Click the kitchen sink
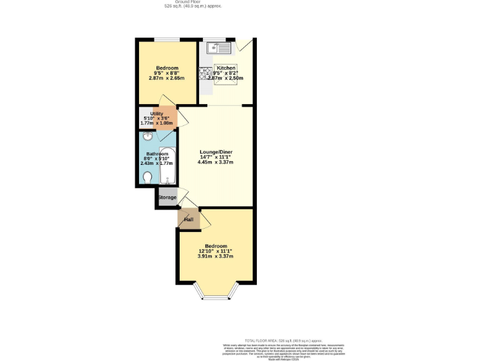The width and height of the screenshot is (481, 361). (x=221, y=47)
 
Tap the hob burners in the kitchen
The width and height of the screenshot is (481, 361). (x=206, y=73)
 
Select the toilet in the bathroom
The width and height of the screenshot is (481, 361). (x=147, y=178)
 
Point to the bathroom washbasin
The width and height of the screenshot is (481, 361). (x=147, y=137)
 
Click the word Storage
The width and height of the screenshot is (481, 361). (x=167, y=197)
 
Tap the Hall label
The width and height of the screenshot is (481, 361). (x=189, y=219)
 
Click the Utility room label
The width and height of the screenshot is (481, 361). (x=157, y=113)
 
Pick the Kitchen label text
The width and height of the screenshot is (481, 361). (x=226, y=68)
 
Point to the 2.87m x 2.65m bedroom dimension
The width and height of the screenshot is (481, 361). (x=167, y=78)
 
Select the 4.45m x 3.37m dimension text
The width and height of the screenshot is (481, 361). (x=215, y=162)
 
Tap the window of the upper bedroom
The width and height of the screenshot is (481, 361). (x=167, y=40)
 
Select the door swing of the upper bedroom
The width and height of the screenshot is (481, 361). (x=166, y=101)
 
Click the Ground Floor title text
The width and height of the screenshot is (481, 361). (x=193, y=2)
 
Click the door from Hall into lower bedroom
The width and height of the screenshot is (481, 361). (x=205, y=221)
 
